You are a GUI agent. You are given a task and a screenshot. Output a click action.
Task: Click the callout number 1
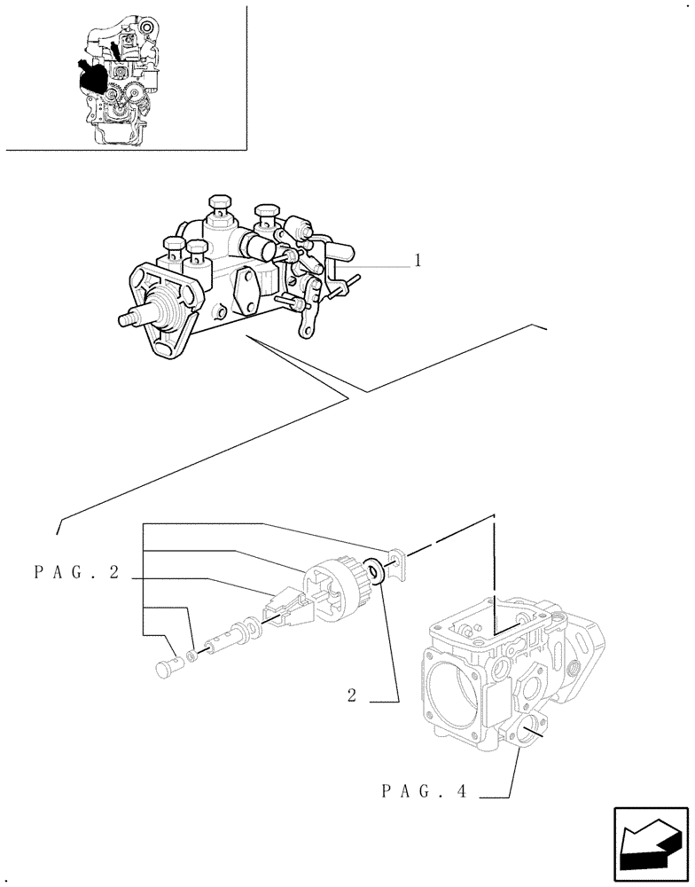(x=416, y=261)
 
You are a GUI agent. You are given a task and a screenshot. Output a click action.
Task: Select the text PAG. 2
(x=76, y=573)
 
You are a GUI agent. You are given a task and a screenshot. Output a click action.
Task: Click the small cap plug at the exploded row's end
(x=168, y=666)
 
